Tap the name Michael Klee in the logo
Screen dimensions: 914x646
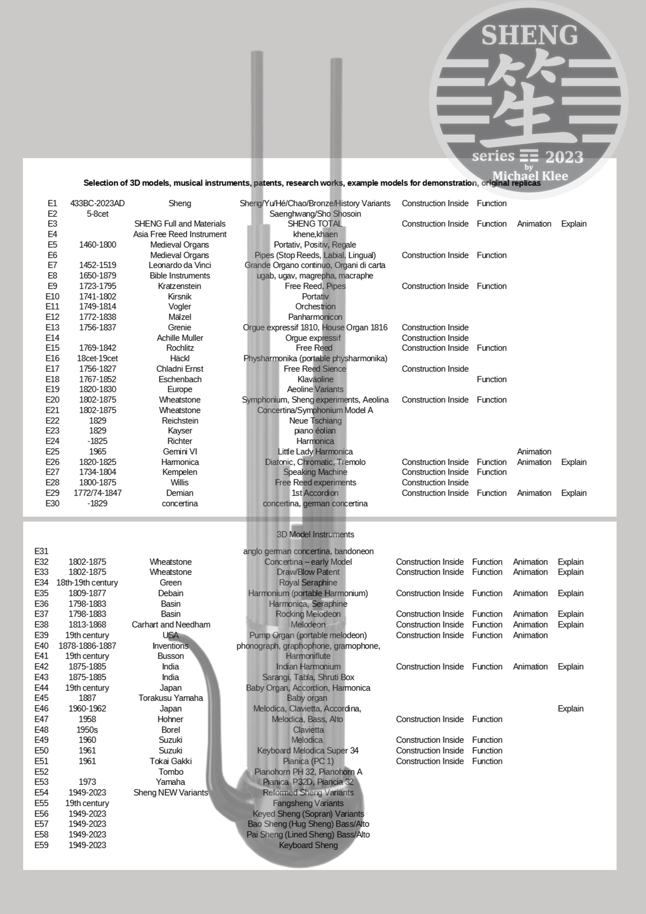(530, 176)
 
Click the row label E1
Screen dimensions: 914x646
(52, 203)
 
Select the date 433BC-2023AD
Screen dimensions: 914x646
(98, 203)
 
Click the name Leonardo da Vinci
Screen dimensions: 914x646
(180, 265)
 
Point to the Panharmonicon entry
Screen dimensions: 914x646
(315, 317)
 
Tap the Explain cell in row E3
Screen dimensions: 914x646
(574, 224)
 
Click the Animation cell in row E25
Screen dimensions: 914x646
(534, 451)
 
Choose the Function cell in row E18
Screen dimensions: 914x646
(492, 379)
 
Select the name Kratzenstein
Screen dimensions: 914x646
(180, 286)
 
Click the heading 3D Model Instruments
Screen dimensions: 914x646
(315, 534)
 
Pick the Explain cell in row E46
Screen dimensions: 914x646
(570, 709)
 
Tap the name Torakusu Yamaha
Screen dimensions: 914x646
(171, 698)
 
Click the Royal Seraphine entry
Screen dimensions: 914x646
(308, 583)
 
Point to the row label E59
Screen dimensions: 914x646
(41, 845)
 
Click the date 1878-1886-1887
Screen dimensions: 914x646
(87, 646)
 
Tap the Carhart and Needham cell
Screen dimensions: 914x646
(171, 625)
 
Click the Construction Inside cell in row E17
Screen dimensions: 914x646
(435, 368)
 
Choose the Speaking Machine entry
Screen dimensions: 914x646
(315, 472)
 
